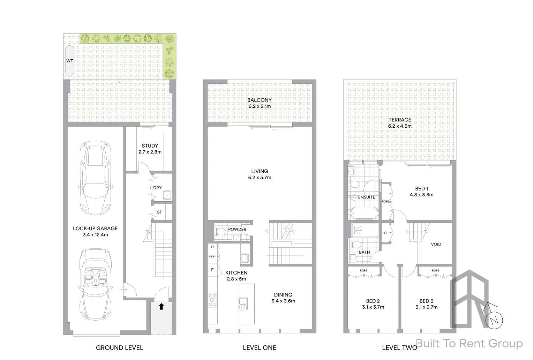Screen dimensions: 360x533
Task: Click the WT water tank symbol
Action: click(x=70, y=61)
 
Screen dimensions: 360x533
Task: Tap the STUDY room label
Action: click(x=150, y=146)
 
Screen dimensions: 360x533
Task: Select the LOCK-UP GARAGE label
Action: click(x=95, y=228)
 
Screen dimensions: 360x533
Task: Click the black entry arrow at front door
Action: click(x=161, y=306)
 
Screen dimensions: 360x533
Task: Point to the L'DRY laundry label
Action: click(x=156, y=188)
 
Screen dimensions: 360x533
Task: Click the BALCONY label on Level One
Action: click(x=259, y=100)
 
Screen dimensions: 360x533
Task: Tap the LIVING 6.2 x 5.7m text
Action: click(x=260, y=174)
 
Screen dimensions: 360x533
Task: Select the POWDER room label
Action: click(x=237, y=230)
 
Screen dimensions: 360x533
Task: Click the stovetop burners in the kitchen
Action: click(x=212, y=300)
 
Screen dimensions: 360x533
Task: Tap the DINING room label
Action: click(x=283, y=295)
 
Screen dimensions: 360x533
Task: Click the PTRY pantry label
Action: click(x=212, y=257)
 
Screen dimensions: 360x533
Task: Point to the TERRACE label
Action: click(x=400, y=120)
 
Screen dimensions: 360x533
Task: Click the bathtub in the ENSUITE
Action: click(x=363, y=213)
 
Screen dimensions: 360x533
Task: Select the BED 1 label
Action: click(x=421, y=189)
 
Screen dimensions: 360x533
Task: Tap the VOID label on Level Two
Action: click(x=436, y=244)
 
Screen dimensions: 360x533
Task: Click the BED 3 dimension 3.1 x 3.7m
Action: click(x=426, y=307)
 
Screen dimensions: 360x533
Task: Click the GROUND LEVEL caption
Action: click(x=119, y=348)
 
